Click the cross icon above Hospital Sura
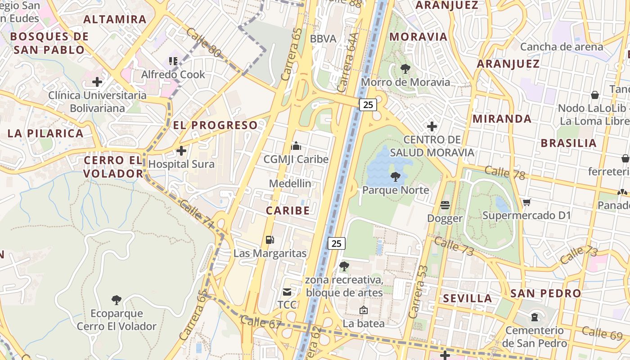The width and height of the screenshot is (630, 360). coord(181,151)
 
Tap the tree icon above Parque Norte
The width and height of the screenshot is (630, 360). coord(396,177)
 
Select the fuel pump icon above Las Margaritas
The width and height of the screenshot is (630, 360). coord(270,240)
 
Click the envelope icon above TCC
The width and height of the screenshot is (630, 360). coord(287,292)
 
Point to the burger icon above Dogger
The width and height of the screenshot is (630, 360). coord(445,205)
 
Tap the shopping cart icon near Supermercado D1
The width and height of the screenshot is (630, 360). coord(526,202)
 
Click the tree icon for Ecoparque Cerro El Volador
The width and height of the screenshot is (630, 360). coord(117,300)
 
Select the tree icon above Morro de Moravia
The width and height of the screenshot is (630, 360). coord(405,69)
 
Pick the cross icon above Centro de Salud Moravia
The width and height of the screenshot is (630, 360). coord(432,126)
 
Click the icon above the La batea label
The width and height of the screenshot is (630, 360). coord(364,310)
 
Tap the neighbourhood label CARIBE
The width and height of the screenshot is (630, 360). coord(288,211)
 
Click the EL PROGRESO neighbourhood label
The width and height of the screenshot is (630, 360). coord(216,125)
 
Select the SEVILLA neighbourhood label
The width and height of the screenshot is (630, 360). coord(468,298)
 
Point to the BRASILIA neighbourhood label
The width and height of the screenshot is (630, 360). coord(568,143)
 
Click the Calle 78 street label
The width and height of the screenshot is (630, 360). coord(504,173)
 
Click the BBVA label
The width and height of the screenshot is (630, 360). coord(323,39)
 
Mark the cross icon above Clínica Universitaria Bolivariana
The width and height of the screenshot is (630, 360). coord(97,82)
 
